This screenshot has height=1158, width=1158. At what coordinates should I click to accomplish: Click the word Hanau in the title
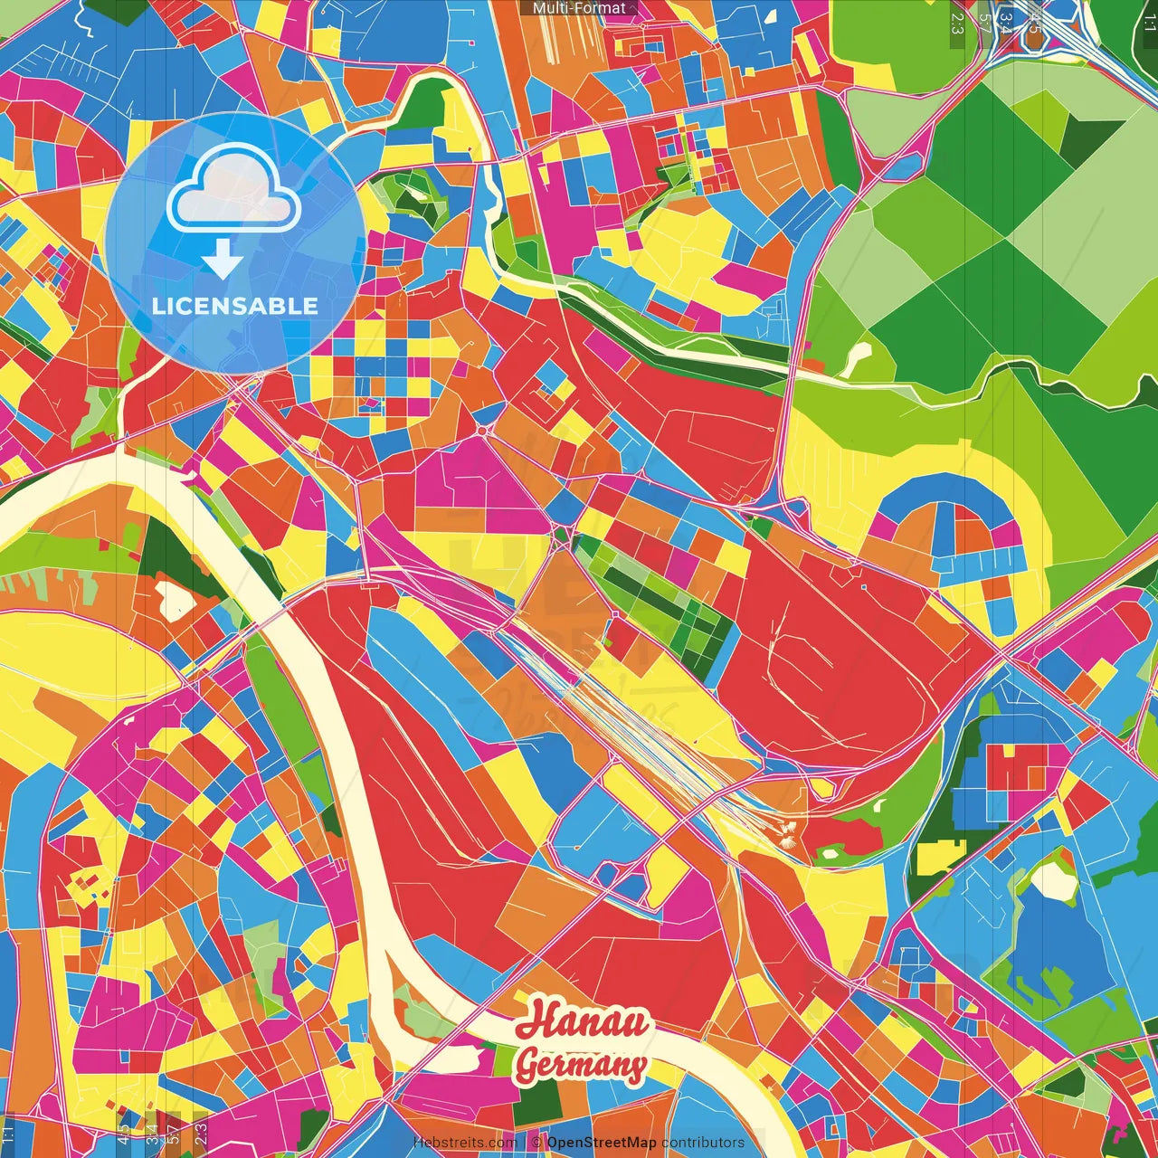(583, 1021)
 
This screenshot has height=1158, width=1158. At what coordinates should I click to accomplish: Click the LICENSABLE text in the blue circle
(235, 306)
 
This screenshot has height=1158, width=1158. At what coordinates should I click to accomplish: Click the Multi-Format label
(579, 8)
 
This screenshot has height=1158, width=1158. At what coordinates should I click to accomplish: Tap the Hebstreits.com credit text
(465, 1143)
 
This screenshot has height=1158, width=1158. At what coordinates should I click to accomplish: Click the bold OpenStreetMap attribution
(602, 1143)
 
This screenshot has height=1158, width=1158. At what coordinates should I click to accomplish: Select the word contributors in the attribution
(703, 1143)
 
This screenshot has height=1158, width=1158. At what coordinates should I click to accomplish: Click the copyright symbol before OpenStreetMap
(536, 1143)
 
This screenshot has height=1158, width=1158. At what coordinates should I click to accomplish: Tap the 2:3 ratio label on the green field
(957, 23)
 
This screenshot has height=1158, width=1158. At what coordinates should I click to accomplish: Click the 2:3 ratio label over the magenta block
(201, 1131)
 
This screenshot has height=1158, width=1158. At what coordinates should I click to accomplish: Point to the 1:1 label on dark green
(1149, 23)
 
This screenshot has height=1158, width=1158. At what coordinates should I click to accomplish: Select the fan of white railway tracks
(633, 715)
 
